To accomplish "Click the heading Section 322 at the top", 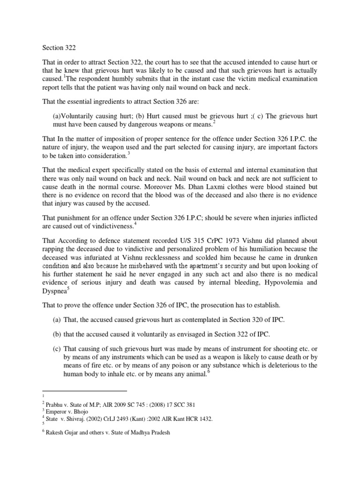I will coord(59,47).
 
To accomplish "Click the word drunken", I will coord(305,258).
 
